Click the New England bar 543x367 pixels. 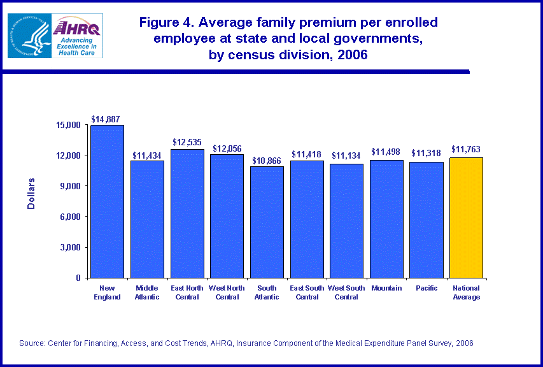[x=107, y=201]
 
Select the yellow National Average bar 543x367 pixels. [x=466, y=217]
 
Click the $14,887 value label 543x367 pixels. [x=106, y=119]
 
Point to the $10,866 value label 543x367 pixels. [x=267, y=161]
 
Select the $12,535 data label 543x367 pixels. [x=187, y=142]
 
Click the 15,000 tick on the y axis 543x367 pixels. [x=68, y=125]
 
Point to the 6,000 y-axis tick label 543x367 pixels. [x=70, y=217]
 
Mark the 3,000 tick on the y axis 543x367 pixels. [x=70, y=247]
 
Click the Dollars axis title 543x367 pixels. [x=31, y=194]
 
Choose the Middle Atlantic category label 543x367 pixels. [x=147, y=292]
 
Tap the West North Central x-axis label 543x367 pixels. [x=227, y=292]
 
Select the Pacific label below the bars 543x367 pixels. [x=426, y=288]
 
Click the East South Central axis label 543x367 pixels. [x=307, y=292]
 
